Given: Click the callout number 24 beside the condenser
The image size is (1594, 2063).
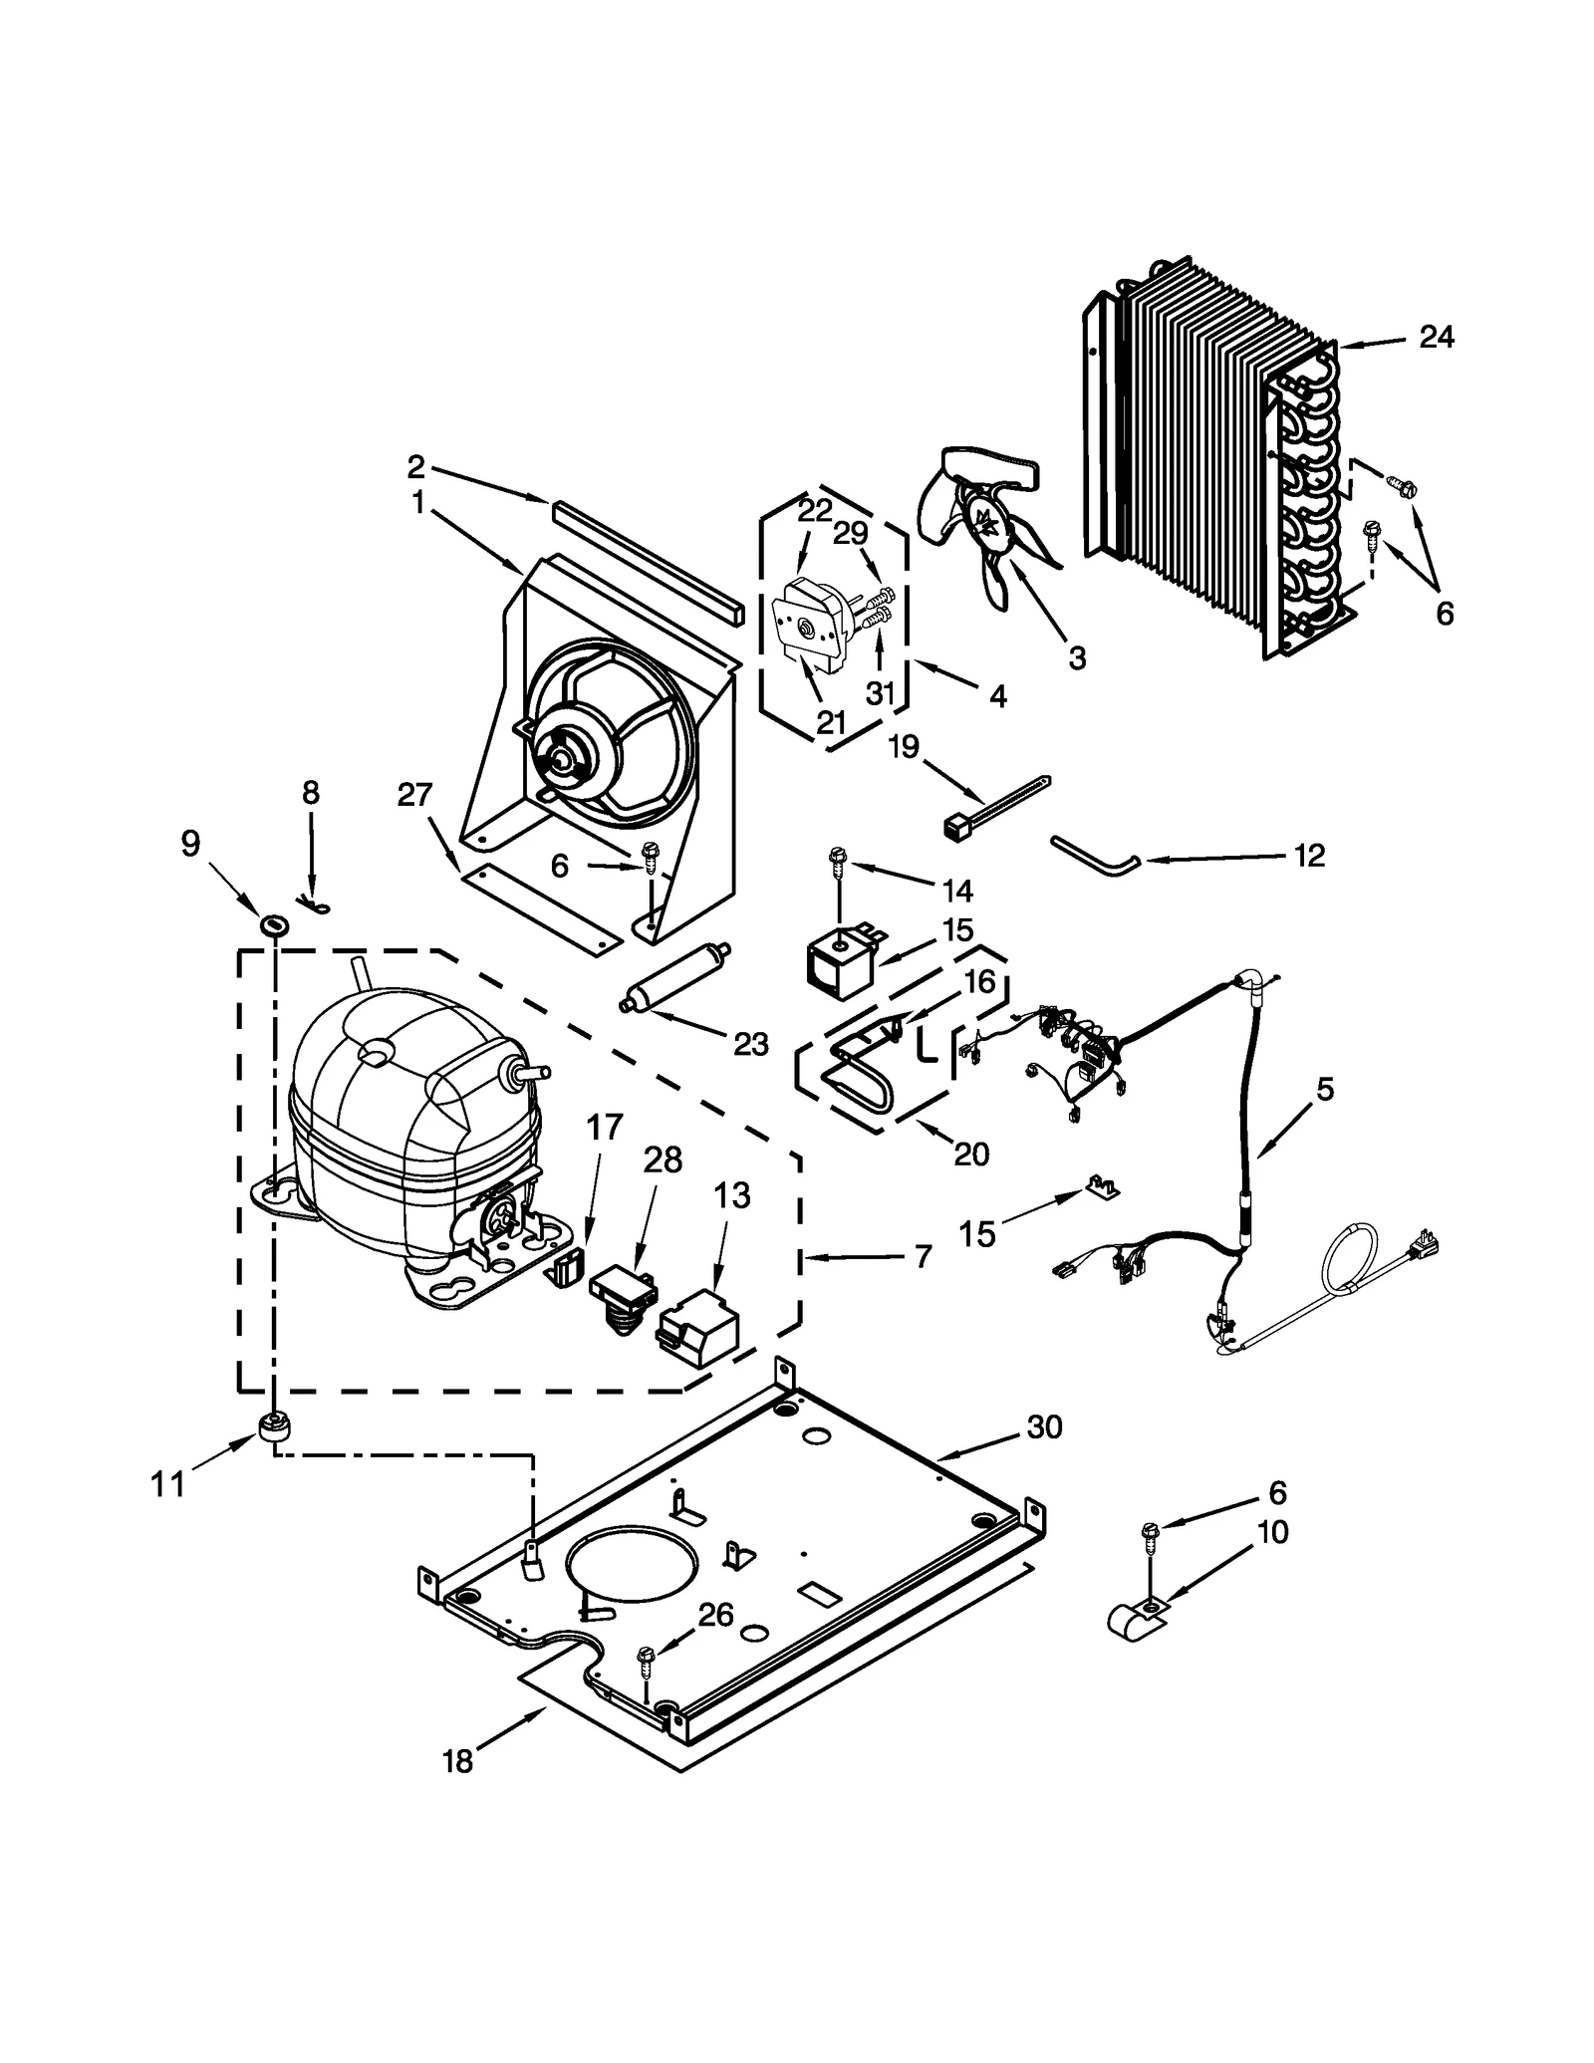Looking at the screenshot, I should click(1436, 338).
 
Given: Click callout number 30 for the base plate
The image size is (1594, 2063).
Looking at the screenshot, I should click(1045, 1427).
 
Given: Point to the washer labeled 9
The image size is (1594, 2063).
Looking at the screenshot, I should click(274, 923).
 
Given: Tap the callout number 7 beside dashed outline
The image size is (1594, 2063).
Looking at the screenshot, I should click(923, 1257).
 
